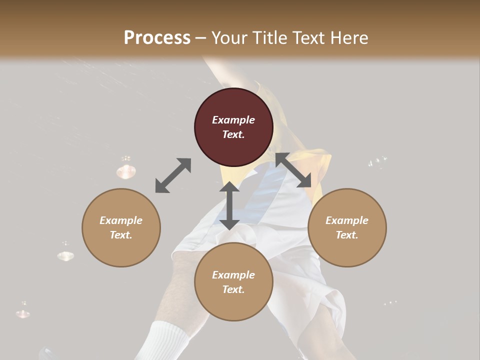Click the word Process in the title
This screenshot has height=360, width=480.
[157, 37]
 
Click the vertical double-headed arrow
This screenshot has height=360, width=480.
[229, 205]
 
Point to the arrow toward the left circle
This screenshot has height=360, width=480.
[173, 175]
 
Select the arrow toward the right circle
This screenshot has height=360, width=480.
[293, 170]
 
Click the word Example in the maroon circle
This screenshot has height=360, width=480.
[233, 120]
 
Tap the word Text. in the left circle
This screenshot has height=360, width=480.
[121, 235]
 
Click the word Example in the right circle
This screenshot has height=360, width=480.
[347, 220]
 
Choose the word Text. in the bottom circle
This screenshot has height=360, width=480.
[233, 289]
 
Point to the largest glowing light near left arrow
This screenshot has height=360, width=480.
[126, 171]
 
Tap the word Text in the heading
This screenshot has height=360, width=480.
[306, 37]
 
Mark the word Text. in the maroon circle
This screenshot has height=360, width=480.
[233, 134]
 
